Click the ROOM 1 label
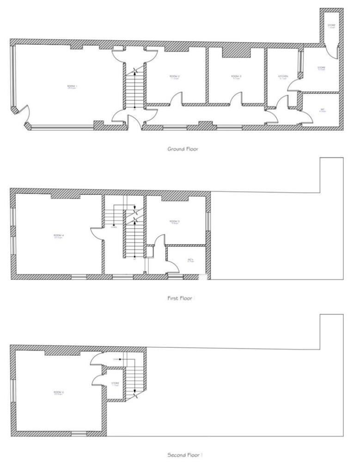[x=72, y=86]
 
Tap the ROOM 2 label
[x=174, y=76]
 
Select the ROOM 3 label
[x=237, y=76]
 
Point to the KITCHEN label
[x=283, y=76]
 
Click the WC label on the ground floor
[x=323, y=109]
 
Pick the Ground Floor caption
[x=183, y=149]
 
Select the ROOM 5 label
[x=175, y=222]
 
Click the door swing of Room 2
[x=176, y=98]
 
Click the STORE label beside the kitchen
[x=322, y=68]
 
